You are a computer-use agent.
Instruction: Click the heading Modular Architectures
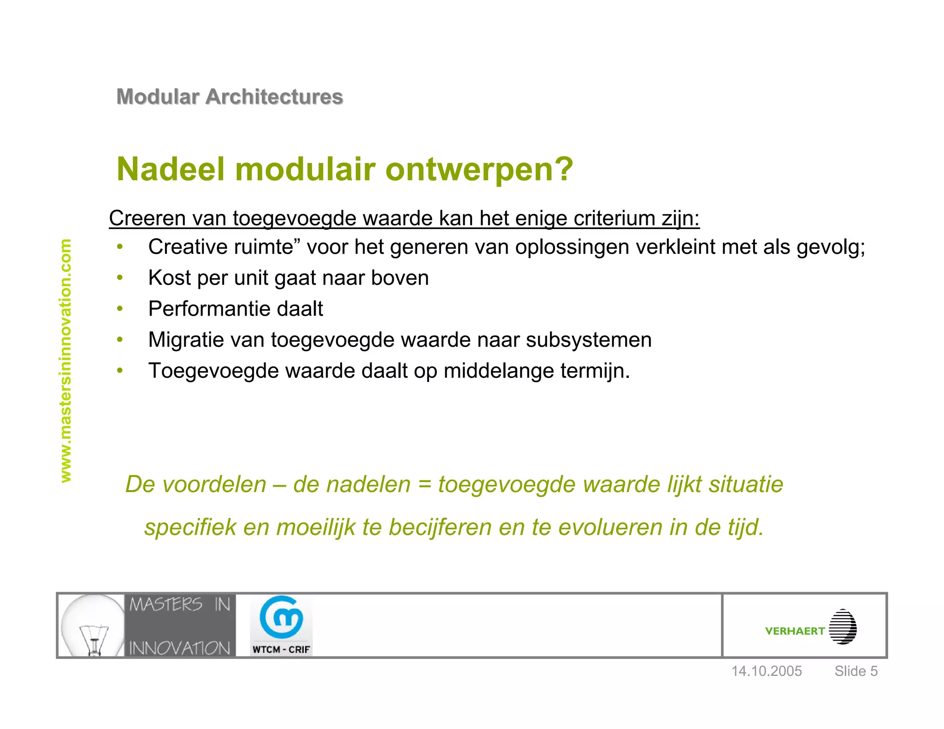tap(230, 97)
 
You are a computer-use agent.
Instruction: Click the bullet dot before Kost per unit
tap(120, 278)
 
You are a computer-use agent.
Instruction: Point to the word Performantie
tap(209, 309)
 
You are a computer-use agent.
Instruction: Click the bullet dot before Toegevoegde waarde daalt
tap(120, 371)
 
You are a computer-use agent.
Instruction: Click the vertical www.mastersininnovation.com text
tap(66, 361)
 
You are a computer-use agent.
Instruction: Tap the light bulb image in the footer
tap(92, 626)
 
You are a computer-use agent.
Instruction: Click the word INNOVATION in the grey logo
tap(180, 648)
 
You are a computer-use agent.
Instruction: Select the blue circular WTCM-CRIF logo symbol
tap(281, 617)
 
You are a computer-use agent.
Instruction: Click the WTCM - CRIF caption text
tap(281, 649)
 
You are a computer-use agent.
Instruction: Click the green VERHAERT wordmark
tap(795, 631)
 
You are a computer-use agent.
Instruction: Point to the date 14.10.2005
tap(767, 671)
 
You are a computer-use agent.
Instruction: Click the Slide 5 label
tap(856, 671)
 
